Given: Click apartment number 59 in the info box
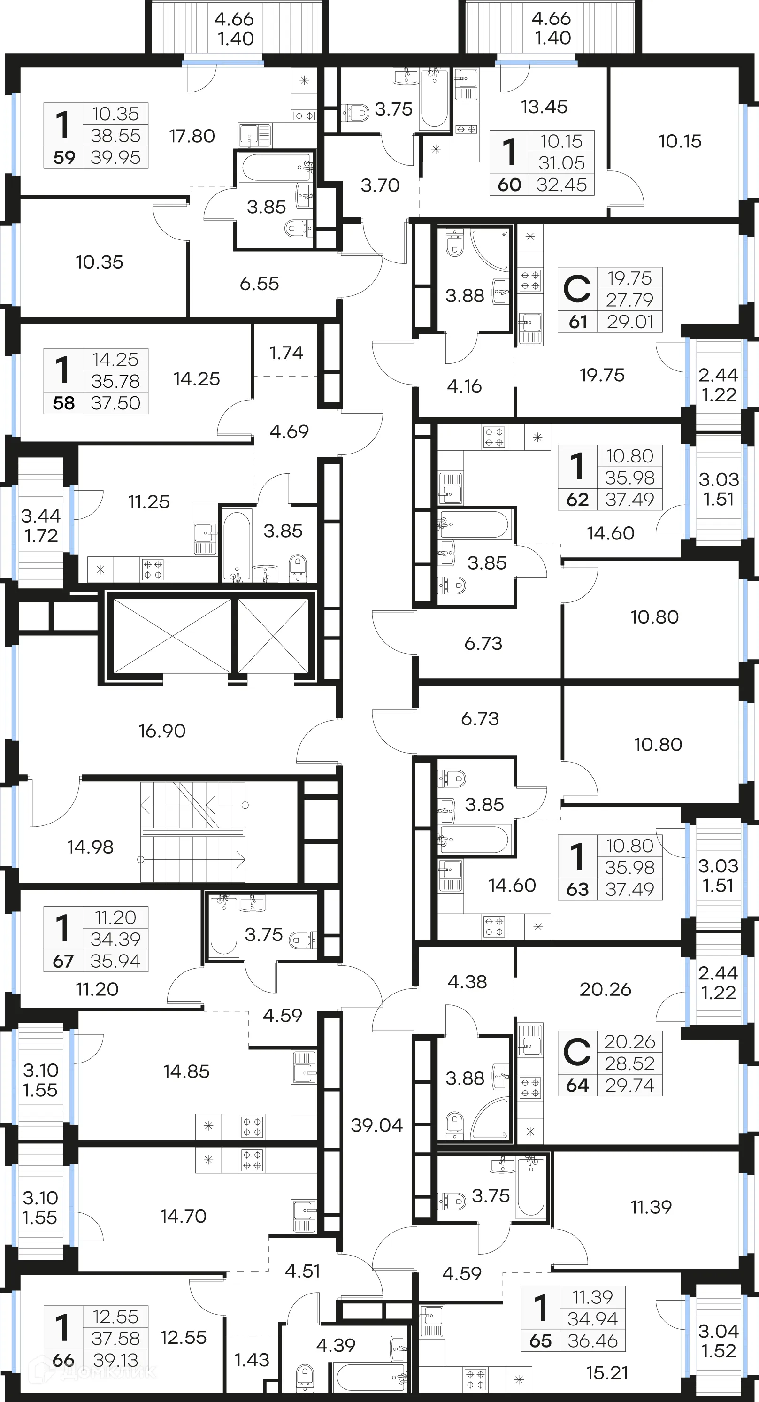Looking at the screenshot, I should click(64, 157).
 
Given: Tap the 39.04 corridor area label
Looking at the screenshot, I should click(376, 1125).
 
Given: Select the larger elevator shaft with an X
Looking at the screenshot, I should click(172, 636).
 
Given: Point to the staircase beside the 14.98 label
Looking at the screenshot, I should click(192, 832).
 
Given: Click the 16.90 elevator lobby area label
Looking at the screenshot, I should click(161, 731).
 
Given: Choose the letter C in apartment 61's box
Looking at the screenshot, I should click(577, 289).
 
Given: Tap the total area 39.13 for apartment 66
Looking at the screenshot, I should click(115, 1360).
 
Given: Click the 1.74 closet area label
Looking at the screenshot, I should click(286, 353).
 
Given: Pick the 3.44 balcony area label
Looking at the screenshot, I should click(41, 516).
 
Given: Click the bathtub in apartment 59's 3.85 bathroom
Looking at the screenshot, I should click(275, 167).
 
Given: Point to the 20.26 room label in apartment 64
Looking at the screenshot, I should click(605, 989).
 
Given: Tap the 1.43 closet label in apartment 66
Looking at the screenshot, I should click(252, 1360).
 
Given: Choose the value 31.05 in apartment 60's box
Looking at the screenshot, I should click(561, 163).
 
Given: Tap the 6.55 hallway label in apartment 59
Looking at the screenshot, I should click(259, 283).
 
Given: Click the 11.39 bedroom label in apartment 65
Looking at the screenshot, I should click(651, 1207).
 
